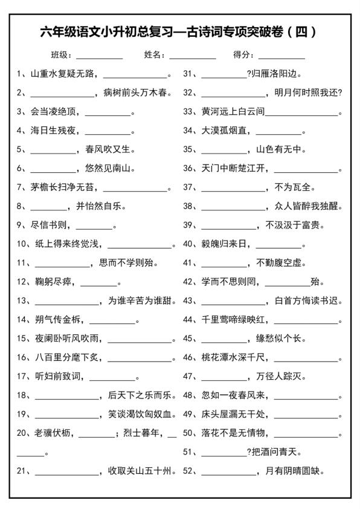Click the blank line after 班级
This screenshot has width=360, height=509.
pos(98,56)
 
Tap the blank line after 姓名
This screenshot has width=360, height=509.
pos(192,56)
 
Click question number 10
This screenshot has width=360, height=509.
pos(22,244)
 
